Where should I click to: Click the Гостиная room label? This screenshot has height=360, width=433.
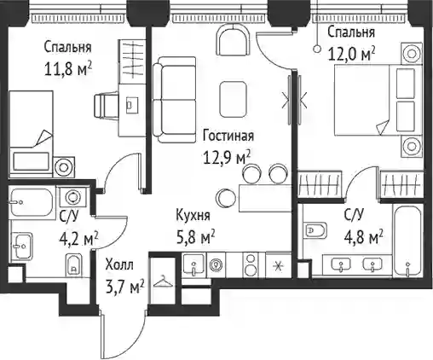tap(228, 136)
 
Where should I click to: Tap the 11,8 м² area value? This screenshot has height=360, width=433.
tap(68, 69)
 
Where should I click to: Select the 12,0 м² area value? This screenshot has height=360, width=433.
tap(351, 54)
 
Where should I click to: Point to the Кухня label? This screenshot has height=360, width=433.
tap(193, 215)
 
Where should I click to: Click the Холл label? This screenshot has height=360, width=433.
tap(119, 265)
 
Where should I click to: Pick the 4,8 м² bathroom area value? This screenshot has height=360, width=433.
tap(364, 236)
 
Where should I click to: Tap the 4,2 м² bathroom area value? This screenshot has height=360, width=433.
tap(78, 240)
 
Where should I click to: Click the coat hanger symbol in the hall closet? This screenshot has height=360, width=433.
tap(163, 282)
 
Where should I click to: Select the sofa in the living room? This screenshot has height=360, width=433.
tap(175, 100)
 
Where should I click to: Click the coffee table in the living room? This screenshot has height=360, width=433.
tap(233, 99)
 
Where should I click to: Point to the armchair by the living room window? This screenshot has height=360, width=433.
tap(234, 40)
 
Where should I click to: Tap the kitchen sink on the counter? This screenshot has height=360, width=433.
tap(193, 264)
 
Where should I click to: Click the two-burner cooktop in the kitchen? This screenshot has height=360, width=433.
tap(251, 264)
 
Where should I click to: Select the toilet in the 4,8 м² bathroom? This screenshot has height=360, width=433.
tap(315, 229)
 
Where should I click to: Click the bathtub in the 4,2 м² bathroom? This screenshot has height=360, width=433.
tap(32, 202)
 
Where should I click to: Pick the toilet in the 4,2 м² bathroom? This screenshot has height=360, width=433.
tap(73, 264)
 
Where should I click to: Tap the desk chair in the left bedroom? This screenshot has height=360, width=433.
tap(107, 105)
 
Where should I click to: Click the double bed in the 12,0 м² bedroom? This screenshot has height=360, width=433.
tap(378, 100)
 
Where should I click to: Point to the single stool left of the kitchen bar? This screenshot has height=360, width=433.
tap(226, 198)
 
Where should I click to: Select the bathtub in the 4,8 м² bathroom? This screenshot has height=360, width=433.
tap(407, 241)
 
